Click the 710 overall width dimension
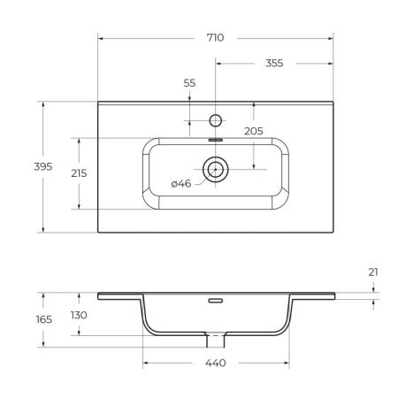[x=215, y=38]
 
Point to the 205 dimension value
[x=254, y=131]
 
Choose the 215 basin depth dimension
[x=79, y=172]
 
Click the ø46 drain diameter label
[x=181, y=184]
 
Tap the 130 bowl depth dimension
[x=79, y=316]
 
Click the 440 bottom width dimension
[x=216, y=364]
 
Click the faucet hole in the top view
[x=215, y=119]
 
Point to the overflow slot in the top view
[x=215, y=138]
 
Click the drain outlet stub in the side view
[x=215, y=338]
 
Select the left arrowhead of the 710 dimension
[x=100, y=38]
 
